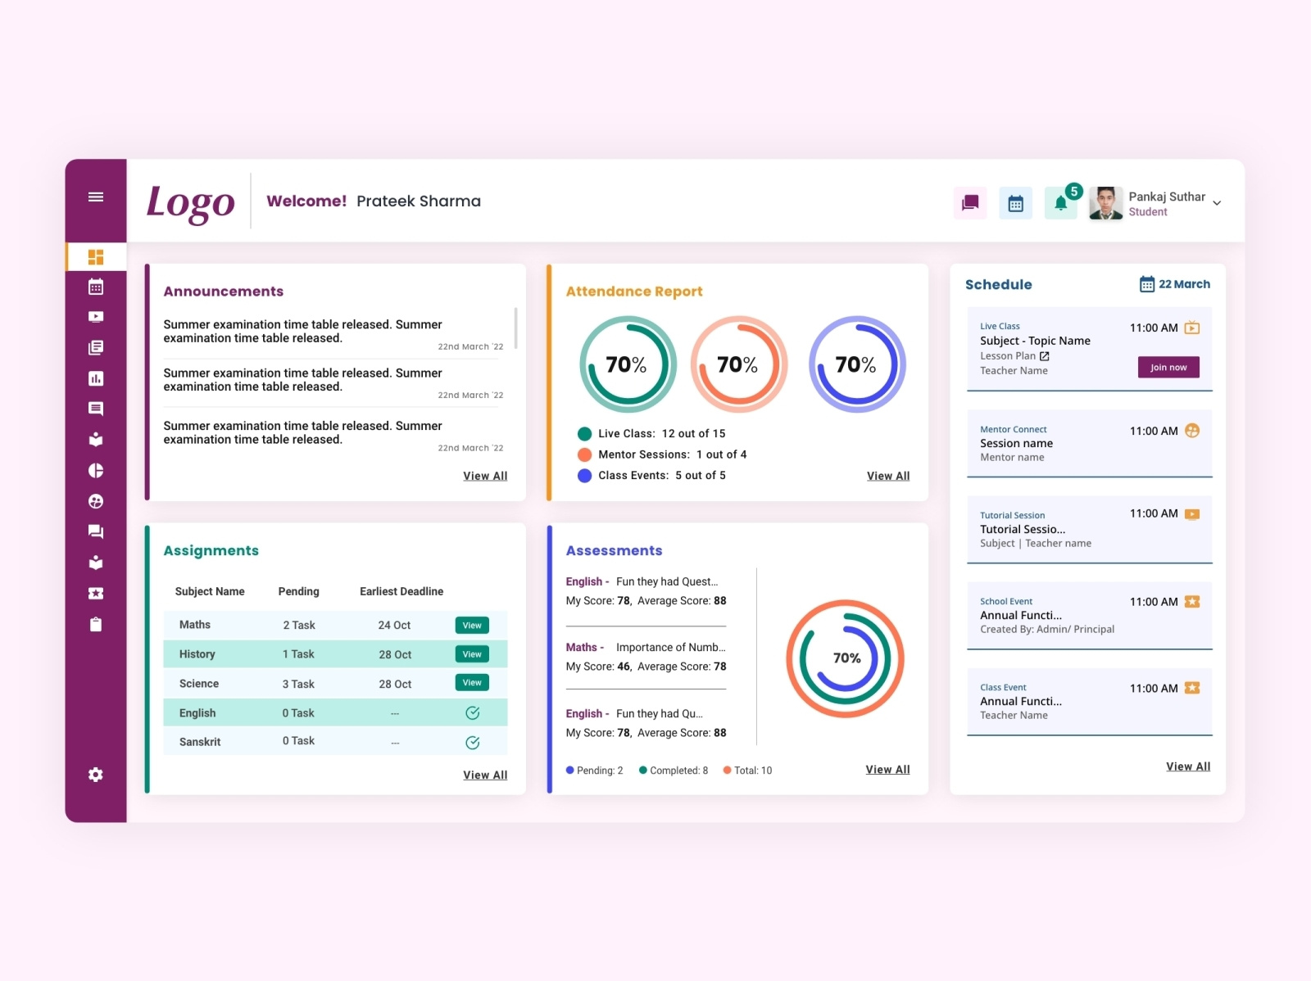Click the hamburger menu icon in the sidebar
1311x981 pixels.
96,197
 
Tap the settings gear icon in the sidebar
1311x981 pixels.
96,775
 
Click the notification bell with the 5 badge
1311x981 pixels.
1061,203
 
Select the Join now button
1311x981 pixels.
1168,367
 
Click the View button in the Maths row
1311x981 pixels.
472,626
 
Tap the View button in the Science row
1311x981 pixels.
472,683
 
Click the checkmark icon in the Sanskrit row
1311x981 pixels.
473,743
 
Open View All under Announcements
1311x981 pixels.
485,476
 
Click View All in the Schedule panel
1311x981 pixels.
1188,766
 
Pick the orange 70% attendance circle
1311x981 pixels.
738,364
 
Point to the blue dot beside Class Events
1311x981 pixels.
584,476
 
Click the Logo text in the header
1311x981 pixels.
190,202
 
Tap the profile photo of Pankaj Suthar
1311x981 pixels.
1105,203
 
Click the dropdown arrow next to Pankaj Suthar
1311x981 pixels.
1217,203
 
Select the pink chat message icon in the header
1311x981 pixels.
970,203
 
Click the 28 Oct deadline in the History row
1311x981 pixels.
395,655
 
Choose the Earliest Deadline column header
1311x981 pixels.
401,591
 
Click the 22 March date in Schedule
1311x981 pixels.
1183,284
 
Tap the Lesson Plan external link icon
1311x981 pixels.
1045,356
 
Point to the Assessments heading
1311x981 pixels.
614,551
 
